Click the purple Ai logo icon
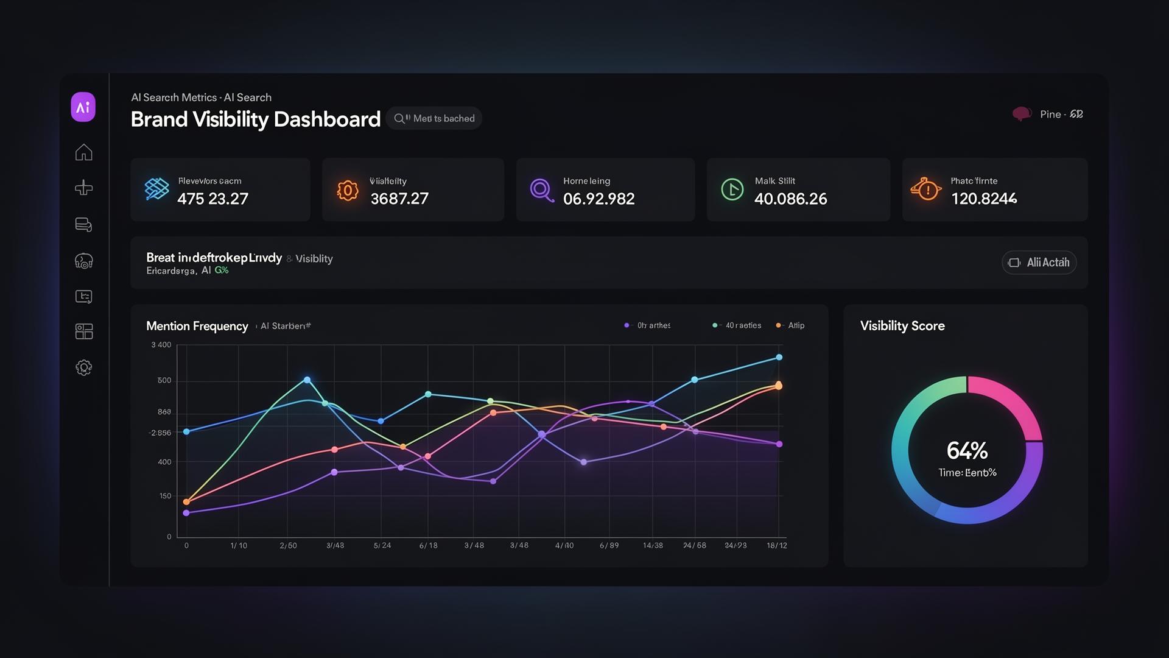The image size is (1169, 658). (83, 107)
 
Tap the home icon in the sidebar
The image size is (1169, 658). (83, 152)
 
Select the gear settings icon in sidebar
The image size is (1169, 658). (83, 367)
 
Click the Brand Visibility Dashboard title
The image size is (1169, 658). (255, 119)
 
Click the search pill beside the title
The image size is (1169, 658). (434, 118)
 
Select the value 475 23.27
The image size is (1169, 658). (212, 199)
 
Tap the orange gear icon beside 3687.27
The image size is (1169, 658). (348, 191)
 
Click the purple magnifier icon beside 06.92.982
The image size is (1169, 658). (541, 190)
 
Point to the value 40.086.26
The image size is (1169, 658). (790, 199)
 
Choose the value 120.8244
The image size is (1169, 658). (983, 199)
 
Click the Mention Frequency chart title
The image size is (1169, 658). (197, 326)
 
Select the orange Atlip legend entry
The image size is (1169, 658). (792, 325)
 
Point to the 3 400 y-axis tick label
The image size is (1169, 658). (161, 345)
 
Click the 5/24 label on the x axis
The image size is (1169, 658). (382, 545)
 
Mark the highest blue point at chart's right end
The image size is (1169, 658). (779, 358)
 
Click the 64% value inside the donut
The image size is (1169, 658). (967, 451)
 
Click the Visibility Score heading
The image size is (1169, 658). (902, 326)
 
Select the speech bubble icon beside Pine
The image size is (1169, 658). (1021, 114)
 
